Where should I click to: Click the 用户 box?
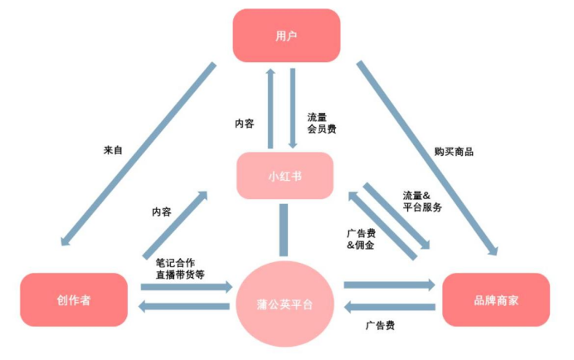(x=285, y=36)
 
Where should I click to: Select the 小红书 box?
(x=285, y=175)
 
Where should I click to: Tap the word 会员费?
(x=321, y=129)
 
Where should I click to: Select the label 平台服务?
(x=421, y=207)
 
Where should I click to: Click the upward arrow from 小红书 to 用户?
(x=270, y=108)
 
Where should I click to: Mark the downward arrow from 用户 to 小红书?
(x=293, y=108)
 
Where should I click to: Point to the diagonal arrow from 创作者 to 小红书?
(x=175, y=224)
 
